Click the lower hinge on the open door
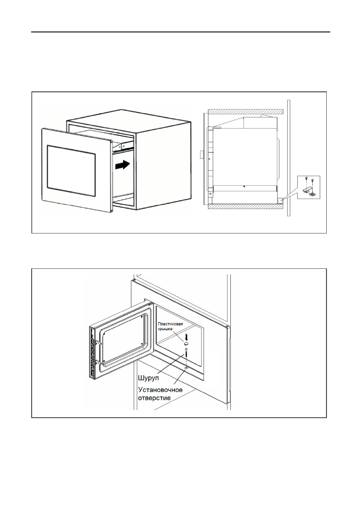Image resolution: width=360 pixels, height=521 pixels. click(100, 363)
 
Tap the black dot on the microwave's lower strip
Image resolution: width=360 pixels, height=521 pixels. click(244, 186)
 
